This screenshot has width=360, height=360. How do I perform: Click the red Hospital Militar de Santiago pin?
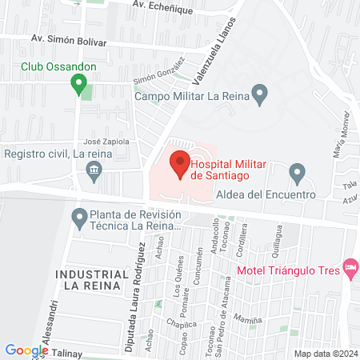(180, 166)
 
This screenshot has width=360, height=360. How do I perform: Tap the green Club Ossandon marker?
(78, 82)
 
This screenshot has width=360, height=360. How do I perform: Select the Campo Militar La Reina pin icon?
(259, 94)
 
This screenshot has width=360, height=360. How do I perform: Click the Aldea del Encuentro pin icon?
(298, 172)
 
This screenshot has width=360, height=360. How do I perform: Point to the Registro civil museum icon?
(94, 169)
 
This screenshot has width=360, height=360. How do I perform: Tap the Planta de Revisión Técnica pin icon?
(79, 217)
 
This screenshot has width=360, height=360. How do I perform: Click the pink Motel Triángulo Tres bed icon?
(350, 268)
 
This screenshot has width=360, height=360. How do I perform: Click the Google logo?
(26, 350)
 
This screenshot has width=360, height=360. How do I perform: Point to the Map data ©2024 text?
(325, 353)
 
